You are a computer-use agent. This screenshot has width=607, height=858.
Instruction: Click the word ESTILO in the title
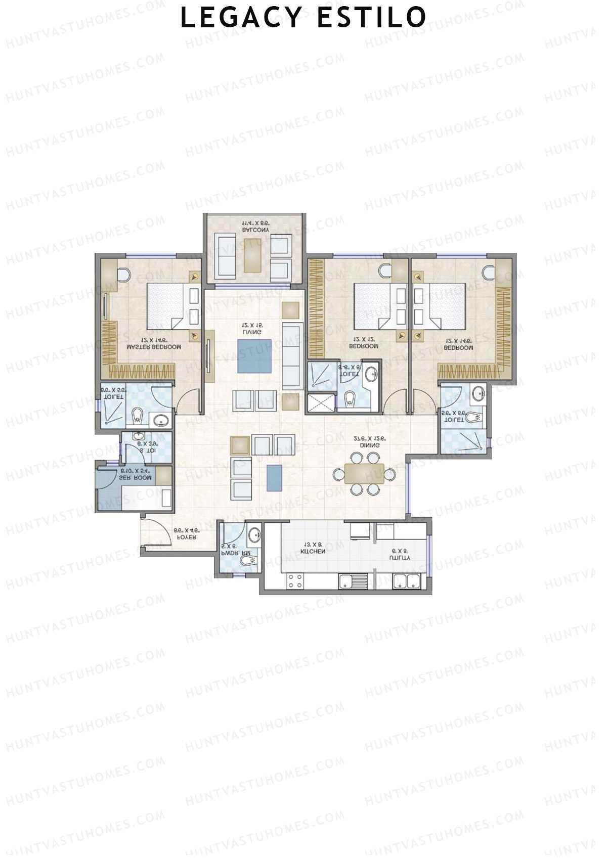[x=371, y=18]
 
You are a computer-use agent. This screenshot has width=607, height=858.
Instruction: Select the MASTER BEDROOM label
[x=154, y=347]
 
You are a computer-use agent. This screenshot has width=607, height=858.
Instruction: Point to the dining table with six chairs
[x=364, y=474]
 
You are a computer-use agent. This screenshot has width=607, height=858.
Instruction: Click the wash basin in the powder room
[x=254, y=534]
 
